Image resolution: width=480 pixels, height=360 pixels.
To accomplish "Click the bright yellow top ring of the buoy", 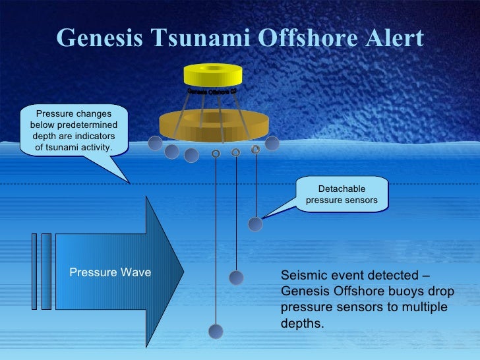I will tap(214, 75).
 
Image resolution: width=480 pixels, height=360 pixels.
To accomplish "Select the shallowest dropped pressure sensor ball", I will tap(255, 224).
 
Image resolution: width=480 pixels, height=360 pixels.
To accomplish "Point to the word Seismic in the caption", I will tap(302, 276).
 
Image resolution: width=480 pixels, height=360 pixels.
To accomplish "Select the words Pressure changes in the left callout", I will tap(74, 114).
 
